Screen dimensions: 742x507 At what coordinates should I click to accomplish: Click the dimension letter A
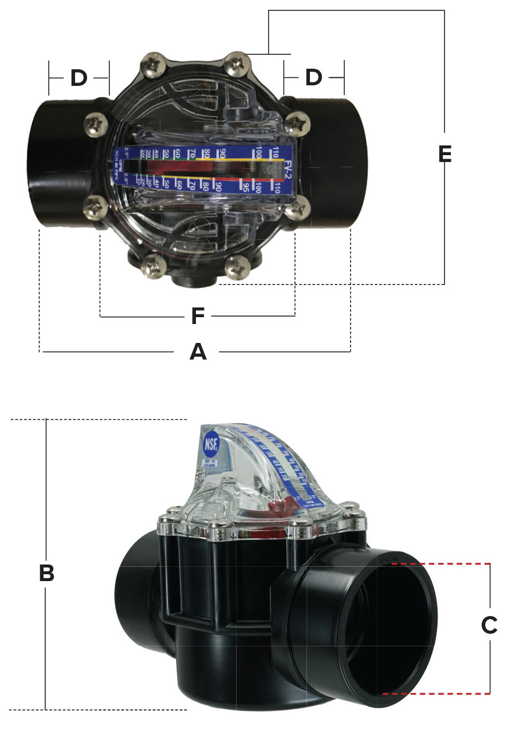point(198,352)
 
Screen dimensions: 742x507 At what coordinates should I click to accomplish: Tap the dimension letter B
point(46,572)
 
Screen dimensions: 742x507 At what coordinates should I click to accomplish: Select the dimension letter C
point(489,625)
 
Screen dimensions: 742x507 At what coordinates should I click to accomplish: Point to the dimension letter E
point(445,154)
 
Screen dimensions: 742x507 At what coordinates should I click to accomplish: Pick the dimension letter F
point(198,315)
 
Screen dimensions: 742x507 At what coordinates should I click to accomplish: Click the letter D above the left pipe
point(78,78)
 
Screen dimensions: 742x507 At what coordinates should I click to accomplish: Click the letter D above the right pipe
point(313,78)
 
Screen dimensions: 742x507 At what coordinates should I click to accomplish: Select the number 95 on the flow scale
point(245,187)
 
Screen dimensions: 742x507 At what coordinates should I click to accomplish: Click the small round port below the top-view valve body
point(192,280)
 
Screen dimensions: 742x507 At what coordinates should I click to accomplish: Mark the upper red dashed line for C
point(441,564)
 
